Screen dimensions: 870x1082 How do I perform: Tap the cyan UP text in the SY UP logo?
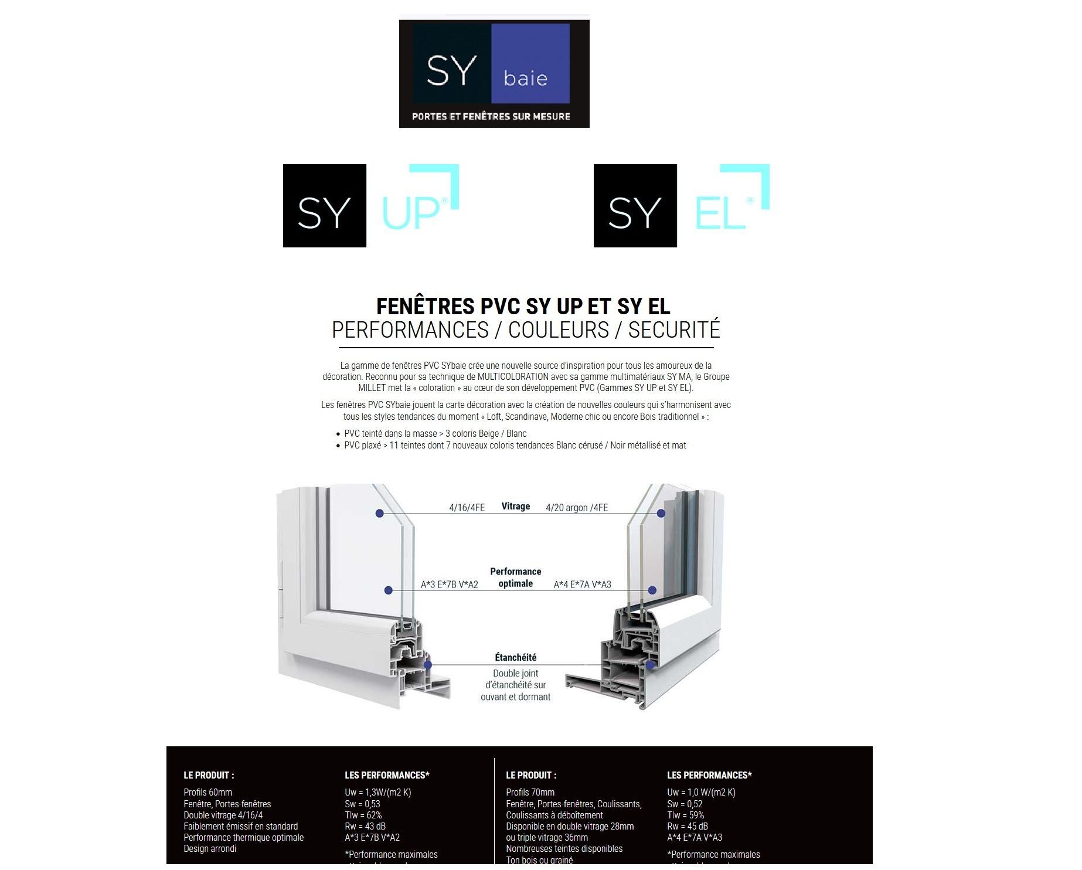(411, 212)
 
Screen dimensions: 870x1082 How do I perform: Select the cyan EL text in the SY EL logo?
(720, 212)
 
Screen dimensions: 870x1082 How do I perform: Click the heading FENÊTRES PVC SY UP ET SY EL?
(523, 307)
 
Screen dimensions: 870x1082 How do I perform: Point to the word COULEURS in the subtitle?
(559, 330)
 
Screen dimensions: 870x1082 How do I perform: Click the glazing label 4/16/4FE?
(467, 508)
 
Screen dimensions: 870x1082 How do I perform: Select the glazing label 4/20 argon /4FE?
(577, 508)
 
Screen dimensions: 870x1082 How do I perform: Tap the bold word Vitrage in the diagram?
(516, 507)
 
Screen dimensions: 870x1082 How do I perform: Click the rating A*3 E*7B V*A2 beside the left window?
(450, 584)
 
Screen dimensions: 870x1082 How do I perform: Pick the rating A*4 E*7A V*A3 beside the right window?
(583, 584)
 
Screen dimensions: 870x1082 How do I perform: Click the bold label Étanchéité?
(516, 658)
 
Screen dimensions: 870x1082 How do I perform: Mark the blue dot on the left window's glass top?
(380, 514)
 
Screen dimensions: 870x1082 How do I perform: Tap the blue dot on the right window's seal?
(650, 665)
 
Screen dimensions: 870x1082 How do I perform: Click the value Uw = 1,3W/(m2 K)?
(378, 793)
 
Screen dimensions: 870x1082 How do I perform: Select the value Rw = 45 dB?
(688, 827)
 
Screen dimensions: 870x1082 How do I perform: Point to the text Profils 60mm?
(208, 793)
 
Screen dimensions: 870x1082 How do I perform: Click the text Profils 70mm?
(530, 793)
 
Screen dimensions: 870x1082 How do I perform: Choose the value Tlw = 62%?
(363, 815)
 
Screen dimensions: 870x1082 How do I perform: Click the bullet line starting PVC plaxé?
(515, 446)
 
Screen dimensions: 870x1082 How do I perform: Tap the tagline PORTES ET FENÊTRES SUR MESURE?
(491, 116)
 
